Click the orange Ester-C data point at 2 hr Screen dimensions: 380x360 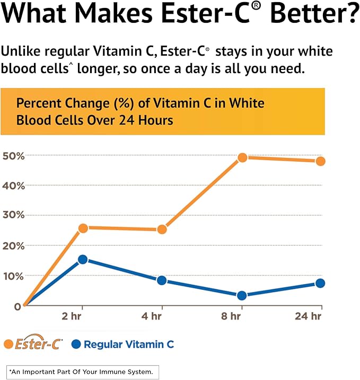(82, 228)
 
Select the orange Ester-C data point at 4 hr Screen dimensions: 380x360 (162, 229)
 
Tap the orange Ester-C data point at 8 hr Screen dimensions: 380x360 (242, 157)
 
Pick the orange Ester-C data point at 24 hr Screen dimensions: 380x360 (320, 161)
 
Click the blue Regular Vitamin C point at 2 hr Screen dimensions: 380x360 (82, 260)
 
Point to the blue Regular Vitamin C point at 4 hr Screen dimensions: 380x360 (162, 280)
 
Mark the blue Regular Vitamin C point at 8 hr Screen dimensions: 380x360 (242, 296)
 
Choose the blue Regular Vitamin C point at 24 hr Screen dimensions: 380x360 (320, 283)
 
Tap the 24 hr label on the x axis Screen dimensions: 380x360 (309, 317)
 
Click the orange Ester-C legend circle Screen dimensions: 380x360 (9, 344)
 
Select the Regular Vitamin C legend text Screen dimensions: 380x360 (129, 344)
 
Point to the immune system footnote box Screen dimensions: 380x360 (82, 372)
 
